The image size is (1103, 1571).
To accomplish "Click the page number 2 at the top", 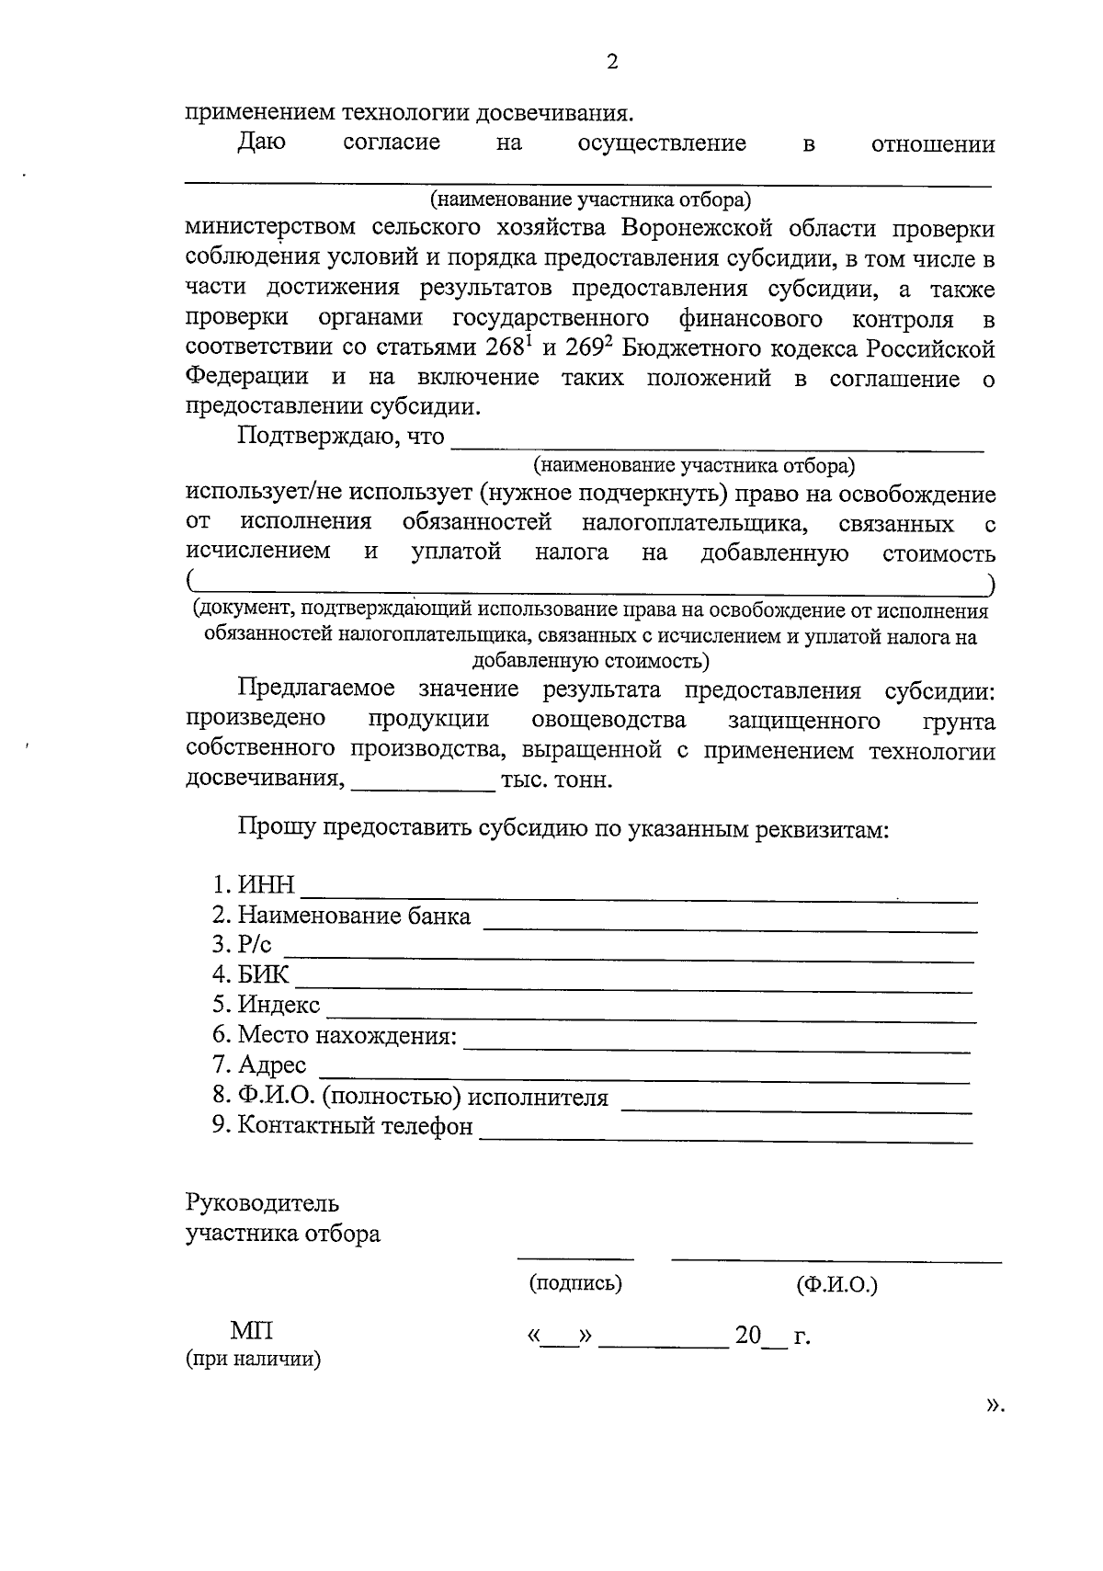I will [x=612, y=62].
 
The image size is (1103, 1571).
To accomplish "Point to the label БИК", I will [x=263, y=975].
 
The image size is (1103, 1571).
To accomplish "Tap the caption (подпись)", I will [x=575, y=1283].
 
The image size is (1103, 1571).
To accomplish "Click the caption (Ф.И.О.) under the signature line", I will [x=836, y=1285].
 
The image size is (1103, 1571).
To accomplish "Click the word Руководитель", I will [x=262, y=1203].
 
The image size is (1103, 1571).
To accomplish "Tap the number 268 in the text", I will [x=502, y=349].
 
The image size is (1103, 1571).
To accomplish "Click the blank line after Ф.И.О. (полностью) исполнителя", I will [x=796, y=1107].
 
